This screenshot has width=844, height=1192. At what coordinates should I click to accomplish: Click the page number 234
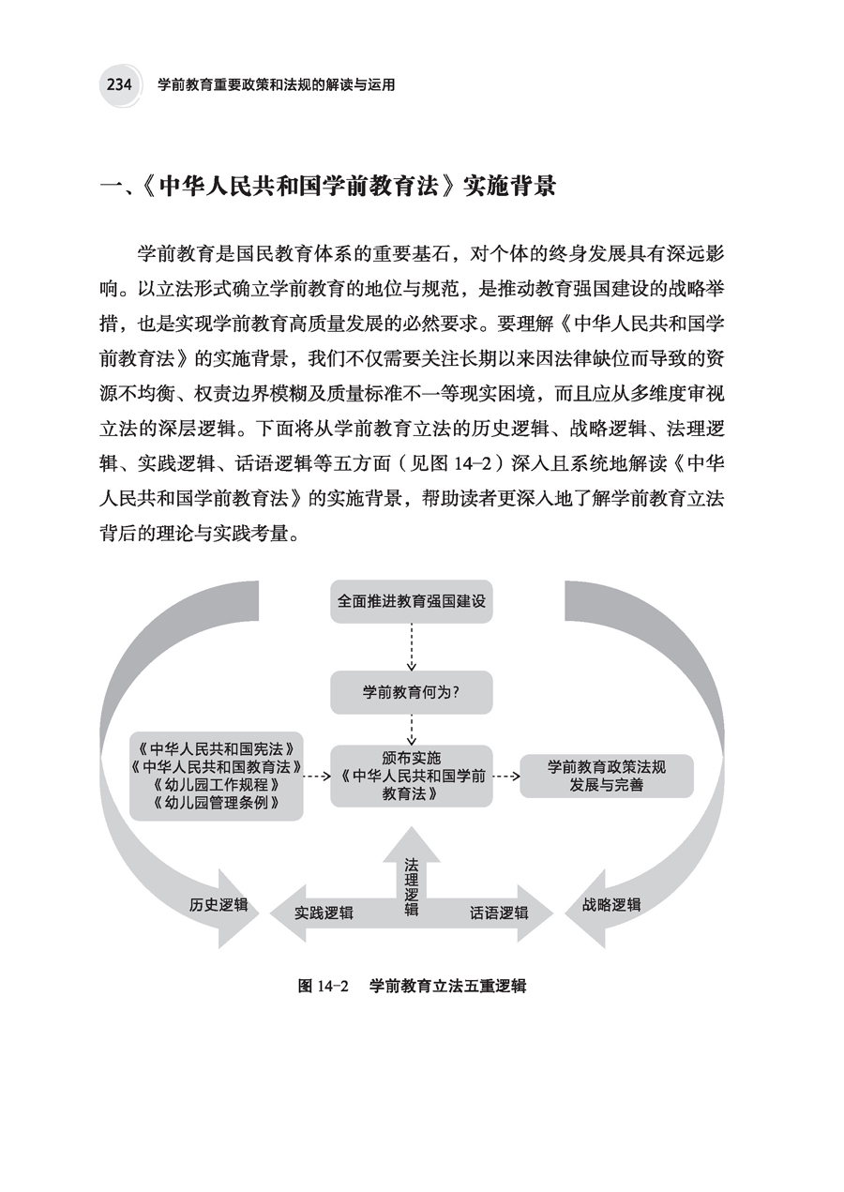click(x=118, y=84)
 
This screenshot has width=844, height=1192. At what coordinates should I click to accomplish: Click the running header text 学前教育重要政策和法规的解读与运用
click(x=276, y=84)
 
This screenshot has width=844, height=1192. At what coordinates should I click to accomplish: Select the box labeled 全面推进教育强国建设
click(x=412, y=600)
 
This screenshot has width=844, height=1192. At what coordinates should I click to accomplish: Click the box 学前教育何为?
click(x=412, y=692)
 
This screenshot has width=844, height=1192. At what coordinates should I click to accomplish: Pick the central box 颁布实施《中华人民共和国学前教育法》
click(x=412, y=775)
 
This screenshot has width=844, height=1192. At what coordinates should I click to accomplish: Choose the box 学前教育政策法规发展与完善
click(x=607, y=776)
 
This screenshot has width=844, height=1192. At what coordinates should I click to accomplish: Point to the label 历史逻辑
click(x=219, y=905)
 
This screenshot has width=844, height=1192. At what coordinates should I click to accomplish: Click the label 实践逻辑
click(x=324, y=912)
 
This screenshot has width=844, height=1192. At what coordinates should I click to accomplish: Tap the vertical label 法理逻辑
click(x=412, y=886)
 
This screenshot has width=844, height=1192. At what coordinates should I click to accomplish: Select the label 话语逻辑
click(x=499, y=912)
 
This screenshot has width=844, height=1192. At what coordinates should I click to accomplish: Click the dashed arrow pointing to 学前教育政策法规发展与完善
click(x=506, y=776)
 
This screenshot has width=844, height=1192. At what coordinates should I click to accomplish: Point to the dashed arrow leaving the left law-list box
click(x=317, y=776)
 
